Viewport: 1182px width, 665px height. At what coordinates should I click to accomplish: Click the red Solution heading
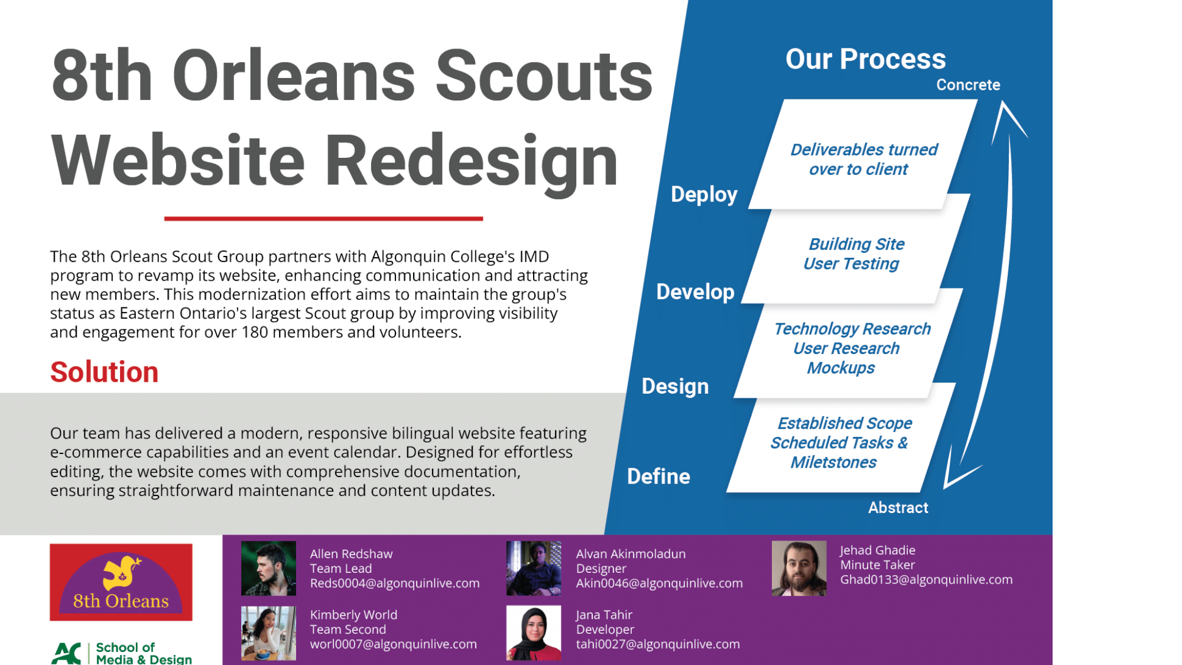point(104,372)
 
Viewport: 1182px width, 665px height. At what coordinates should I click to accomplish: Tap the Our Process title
point(865,59)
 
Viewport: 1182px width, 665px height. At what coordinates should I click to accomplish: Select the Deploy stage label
point(704,194)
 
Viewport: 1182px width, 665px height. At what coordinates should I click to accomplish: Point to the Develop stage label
point(695,291)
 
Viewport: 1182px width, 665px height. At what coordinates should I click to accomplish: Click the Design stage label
point(675,386)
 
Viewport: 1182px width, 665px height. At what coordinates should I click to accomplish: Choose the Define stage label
point(658,476)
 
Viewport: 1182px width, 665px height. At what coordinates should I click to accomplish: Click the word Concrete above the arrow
point(967,85)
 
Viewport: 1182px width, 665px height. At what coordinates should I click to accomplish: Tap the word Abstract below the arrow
point(898,508)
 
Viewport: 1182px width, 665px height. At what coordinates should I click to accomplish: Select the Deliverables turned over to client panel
point(863,159)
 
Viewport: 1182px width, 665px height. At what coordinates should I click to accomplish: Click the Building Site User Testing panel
point(854,254)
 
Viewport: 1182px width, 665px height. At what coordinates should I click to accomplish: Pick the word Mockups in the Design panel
point(840,368)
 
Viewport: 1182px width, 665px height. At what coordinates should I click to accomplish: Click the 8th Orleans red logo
point(121,582)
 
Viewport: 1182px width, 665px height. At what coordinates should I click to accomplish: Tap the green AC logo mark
point(66,653)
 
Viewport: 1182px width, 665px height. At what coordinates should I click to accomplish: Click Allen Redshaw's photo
point(268,568)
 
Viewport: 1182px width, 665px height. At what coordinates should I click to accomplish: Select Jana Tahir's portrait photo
point(533,632)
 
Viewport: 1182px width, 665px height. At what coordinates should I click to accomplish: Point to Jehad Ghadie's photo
point(798,568)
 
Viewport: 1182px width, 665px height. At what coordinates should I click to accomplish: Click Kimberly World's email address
point(393,644)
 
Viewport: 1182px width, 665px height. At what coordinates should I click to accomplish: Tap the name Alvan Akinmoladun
point(631,554)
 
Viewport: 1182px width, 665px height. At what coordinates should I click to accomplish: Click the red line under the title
point(323,219)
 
